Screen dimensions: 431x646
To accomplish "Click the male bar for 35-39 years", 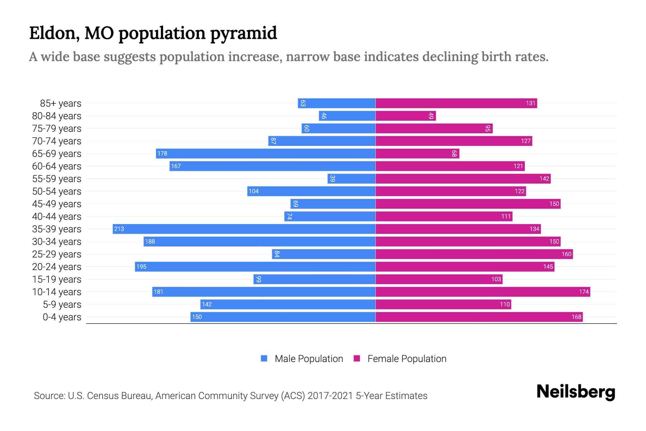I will pos(244,229).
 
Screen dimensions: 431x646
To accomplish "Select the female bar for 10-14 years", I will pos(483,292).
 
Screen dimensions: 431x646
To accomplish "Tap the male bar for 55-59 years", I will pos(351,179).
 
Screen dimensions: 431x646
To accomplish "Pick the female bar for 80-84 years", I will pos(406,116).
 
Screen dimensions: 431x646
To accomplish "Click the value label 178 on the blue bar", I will pos(162,154).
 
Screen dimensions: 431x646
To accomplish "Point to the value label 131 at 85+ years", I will pos(530,103).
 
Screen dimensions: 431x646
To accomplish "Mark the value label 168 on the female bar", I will pos(576,317).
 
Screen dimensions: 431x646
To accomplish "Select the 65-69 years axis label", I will pos(57,154).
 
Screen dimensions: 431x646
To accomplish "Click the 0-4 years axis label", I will pos(62,317).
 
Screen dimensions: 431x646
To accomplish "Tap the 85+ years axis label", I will pos(61,103).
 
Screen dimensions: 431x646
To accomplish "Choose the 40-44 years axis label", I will pos(57,217).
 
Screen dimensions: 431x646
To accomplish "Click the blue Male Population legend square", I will pos(264,358).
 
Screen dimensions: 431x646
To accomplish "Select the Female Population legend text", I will pos(407,359).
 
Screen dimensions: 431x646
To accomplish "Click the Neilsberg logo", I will pos(576,392).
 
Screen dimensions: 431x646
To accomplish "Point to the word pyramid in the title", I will pos(243,33).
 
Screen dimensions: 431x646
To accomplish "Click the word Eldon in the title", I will pos(54,33).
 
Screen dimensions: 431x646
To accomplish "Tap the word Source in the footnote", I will pos(49,396).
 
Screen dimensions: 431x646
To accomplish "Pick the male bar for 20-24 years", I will pos(255,267).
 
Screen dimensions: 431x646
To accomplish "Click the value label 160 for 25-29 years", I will pos(566,254).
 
